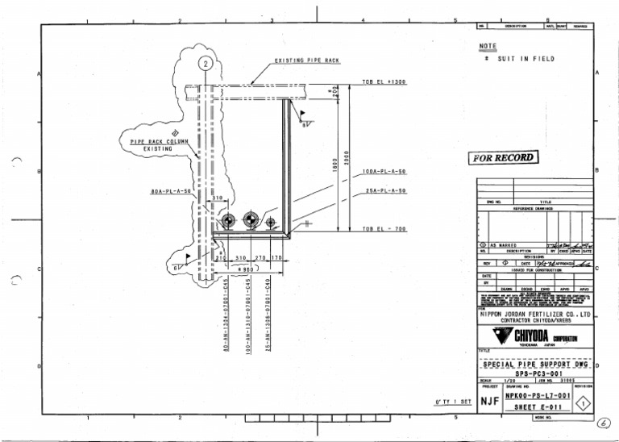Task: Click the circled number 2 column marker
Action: pyautogui.click(x=206, y=63)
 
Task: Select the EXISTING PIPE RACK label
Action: pyautogui.click(x=307, y=60)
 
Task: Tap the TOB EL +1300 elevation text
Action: pyautogui.click(x=384, y=82)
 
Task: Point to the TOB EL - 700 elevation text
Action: pyautogui.click(x=384, y=229)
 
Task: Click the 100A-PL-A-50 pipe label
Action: pyautogui.click(x=384, y=172)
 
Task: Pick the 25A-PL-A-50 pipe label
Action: pyautogui.click(x=384, y=191)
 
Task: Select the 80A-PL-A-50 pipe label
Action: pyautogui.click(x=171, y=191)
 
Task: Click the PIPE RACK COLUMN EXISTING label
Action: pyautogui.click(x=159, y=145)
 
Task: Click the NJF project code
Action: pyautogui.click(x=489, y=400)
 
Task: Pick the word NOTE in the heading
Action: pyautogui.click(x=488, y=46)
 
